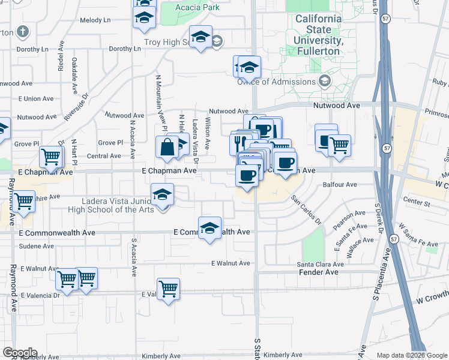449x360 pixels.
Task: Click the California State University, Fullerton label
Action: click(318, 35)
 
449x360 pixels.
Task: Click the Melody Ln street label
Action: click(95, 20)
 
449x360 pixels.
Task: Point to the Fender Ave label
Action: click(319, 272)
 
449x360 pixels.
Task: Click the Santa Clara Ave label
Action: click(321, 264)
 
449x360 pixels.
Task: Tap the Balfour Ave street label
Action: click(340, 185)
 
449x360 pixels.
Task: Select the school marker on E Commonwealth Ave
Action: click(209, 229)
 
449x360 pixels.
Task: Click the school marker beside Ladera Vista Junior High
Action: click(163, 196)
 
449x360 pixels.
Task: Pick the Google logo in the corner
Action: click(20, 353)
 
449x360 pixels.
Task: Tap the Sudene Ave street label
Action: click(37, 246)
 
